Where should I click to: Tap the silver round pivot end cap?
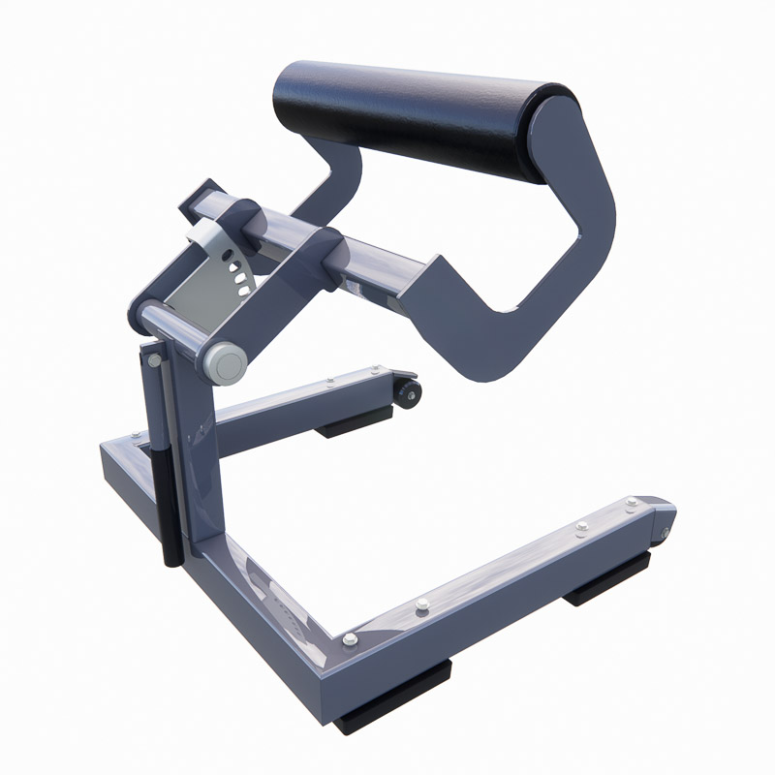coord(226,362)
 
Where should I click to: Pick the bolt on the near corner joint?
coord(349,639)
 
